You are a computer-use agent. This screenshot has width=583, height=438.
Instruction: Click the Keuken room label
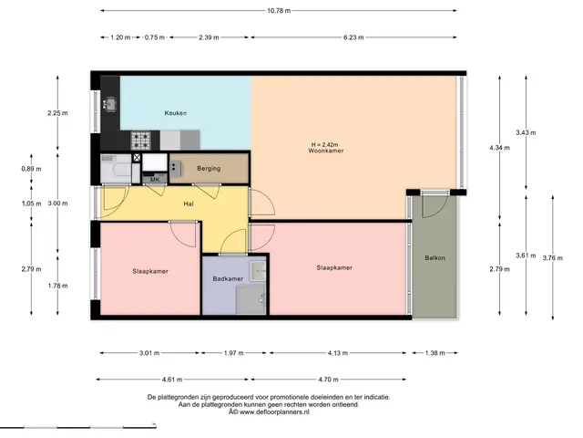click(176, 113)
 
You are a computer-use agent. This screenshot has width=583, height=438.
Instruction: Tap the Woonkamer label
click(326, 151)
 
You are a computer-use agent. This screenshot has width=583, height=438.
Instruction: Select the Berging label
click(209, 168)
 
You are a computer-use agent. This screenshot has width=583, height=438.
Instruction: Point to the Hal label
click(189, 203)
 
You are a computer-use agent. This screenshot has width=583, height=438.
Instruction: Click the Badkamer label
click(228, 278)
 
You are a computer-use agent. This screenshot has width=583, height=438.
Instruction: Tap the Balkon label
click(435, 257)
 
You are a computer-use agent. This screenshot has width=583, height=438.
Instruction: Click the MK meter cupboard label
click(155, 180)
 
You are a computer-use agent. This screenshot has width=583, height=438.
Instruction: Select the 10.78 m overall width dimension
click(279, 11)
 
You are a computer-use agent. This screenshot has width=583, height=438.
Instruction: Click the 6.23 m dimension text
click(353, 37)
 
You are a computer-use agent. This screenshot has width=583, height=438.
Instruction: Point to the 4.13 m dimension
click(338, 353)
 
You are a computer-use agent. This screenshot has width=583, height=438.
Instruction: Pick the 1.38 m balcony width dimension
click(435, 353)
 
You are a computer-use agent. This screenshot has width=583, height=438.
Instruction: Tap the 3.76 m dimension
click(553, 257)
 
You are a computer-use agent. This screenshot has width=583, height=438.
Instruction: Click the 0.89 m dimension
click(31, 169)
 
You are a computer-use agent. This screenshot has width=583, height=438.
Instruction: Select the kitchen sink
click(110, 104)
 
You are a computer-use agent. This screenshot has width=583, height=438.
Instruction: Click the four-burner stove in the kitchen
click(140, 141)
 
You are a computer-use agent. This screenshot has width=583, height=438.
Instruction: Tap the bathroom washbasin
click(258, 271)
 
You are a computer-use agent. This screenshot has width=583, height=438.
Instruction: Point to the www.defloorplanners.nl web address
click(274, 412)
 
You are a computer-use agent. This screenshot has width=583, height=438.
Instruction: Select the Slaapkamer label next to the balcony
click(334, 267)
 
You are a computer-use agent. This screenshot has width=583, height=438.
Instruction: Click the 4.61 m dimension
click(172, 380)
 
